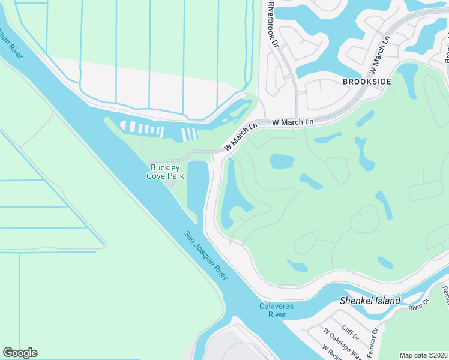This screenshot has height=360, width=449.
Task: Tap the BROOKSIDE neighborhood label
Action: [367, 81]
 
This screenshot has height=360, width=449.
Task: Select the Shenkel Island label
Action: [366, 300]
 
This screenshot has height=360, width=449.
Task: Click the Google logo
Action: [20, 353]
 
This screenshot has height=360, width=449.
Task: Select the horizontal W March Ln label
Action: [293, 122]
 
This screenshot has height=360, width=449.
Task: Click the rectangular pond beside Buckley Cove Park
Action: [197, 186]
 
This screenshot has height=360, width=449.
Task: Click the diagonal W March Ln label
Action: [241, 137]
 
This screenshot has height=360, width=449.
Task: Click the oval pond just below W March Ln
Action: [282, 161]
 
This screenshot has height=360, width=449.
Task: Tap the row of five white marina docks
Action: [142, 128]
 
